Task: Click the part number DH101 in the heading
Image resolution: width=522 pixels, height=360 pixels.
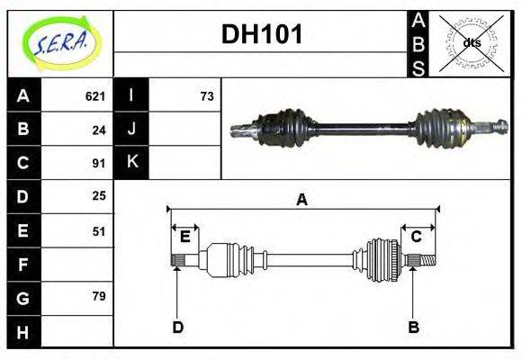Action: [262, 35]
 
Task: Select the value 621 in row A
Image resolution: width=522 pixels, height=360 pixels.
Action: [95, 96]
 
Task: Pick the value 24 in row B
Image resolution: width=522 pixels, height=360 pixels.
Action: [99, 130]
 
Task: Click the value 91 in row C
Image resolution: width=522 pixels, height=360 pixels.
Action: [99, 164]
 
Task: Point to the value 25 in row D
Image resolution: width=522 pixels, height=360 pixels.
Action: [99, 195]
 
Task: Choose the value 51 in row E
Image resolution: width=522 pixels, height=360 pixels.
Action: [99, 230]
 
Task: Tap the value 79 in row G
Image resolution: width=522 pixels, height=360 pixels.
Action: [99, 296]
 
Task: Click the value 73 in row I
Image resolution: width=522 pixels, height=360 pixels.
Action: [207, 96]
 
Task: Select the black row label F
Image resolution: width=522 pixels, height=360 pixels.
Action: [22, 265]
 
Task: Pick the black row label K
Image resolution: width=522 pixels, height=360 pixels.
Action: [131, 163]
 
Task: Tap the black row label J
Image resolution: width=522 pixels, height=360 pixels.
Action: [131, 130]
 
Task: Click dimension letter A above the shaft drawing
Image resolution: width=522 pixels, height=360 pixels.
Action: [302, 200]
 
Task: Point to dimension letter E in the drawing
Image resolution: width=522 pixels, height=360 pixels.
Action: [184, 238]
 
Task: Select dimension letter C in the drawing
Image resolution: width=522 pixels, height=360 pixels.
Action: [417, 238]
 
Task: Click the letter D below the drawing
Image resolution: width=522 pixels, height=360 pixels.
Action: [177, 328]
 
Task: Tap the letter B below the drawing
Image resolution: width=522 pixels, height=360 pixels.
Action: [413, 328]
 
